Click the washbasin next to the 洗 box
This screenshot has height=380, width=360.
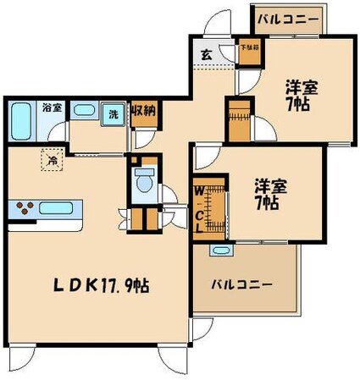point(84,110)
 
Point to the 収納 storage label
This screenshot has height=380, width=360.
point(142,110)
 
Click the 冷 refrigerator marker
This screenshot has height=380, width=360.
point(53,157)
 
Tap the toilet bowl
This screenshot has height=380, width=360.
point(144,181)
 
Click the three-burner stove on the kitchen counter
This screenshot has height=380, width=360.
point(24,208)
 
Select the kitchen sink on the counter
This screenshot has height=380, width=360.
point(58,208)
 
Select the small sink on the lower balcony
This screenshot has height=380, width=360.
point(221,251)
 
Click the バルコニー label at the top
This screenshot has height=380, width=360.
point(287,19)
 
